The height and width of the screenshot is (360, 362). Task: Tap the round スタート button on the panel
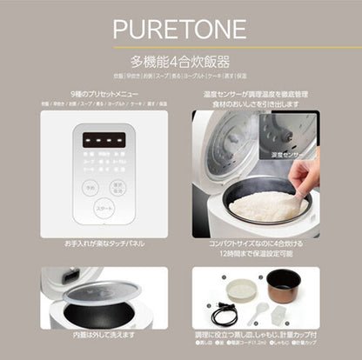tap(104, 210)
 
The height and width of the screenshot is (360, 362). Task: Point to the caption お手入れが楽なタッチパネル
tap(103, 245)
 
